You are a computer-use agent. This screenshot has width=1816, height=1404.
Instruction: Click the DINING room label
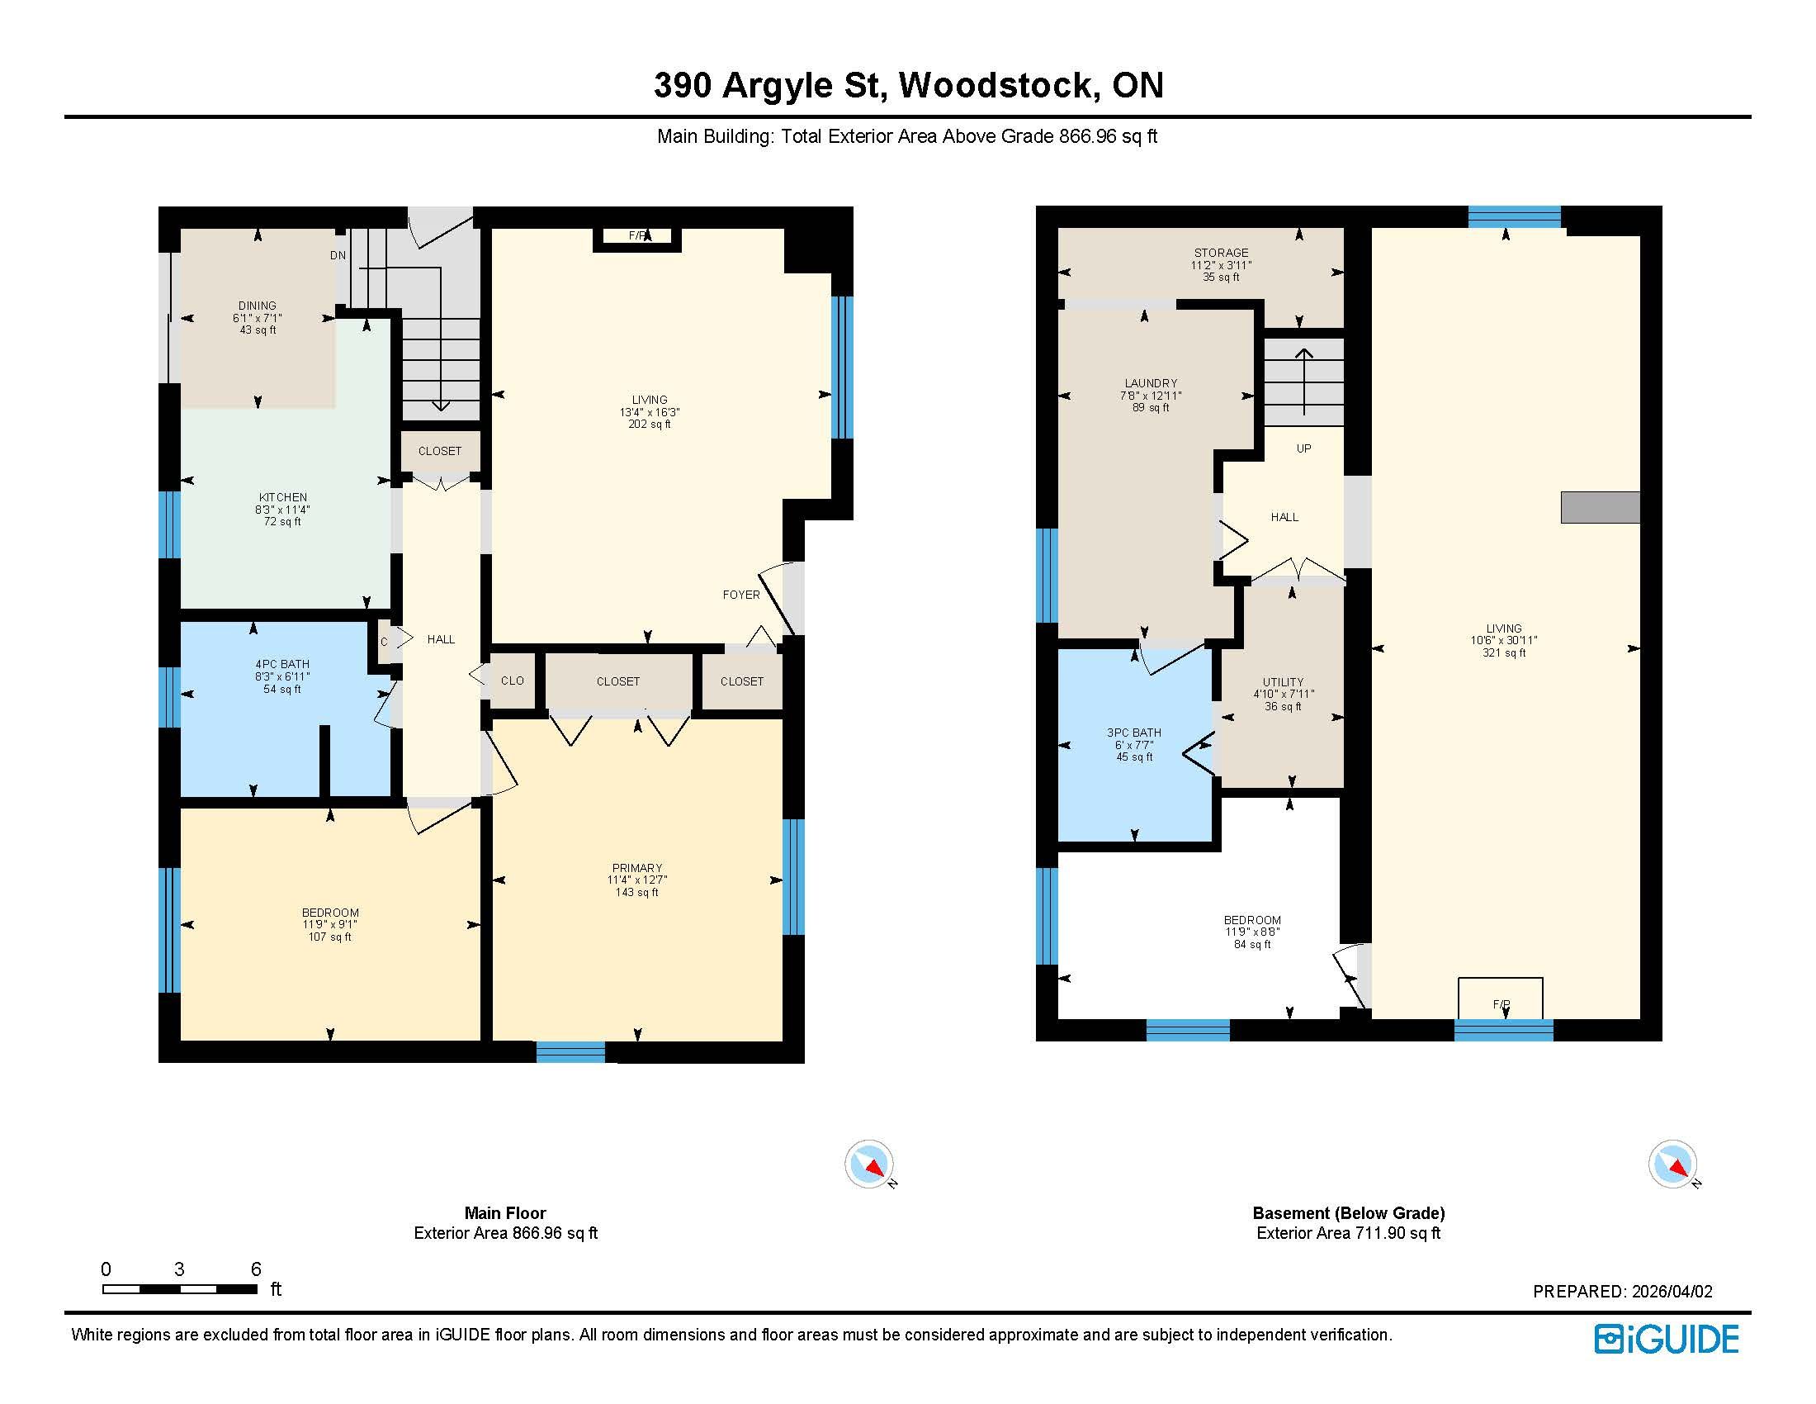[x=257, y=306]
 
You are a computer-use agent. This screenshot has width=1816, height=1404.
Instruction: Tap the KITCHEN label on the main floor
[x=282, y=497]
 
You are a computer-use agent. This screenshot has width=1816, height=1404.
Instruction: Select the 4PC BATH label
[x=282, y=665]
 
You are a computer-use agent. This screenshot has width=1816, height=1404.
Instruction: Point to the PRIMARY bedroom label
[x=637, y=868]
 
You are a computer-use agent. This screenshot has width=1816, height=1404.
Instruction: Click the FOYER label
[x=741, y=595]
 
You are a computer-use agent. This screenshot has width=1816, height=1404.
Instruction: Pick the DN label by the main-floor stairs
[x=338, y=255]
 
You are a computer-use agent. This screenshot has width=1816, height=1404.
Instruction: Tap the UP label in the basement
[x=1303, y=448]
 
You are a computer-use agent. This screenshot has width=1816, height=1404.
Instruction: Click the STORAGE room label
[x=1222, y=253]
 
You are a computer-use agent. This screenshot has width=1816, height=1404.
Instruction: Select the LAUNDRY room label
[x=1151, y=383]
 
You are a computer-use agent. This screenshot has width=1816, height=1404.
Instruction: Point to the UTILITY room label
[x=1283, y=682]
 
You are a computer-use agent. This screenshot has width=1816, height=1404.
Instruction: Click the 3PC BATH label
[x=1134, y=733]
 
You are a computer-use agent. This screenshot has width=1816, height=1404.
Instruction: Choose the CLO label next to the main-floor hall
[x=513, y=681]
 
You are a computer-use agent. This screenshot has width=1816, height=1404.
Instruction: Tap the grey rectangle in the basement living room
[x=1600, y=507]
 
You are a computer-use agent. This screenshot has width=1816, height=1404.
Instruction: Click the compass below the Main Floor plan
[x=870, y=1164]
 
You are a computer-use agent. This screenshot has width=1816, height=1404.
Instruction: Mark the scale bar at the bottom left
[x=180, y=1289]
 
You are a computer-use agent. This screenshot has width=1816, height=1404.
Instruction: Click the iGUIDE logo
[x=1667, y=1339]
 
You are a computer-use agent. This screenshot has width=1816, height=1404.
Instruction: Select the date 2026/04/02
[x=1672, y=1292]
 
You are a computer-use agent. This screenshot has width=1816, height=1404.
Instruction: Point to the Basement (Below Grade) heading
[x=1349, y=1212]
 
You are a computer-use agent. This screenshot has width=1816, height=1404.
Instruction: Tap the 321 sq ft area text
[x=1504, y=653]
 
